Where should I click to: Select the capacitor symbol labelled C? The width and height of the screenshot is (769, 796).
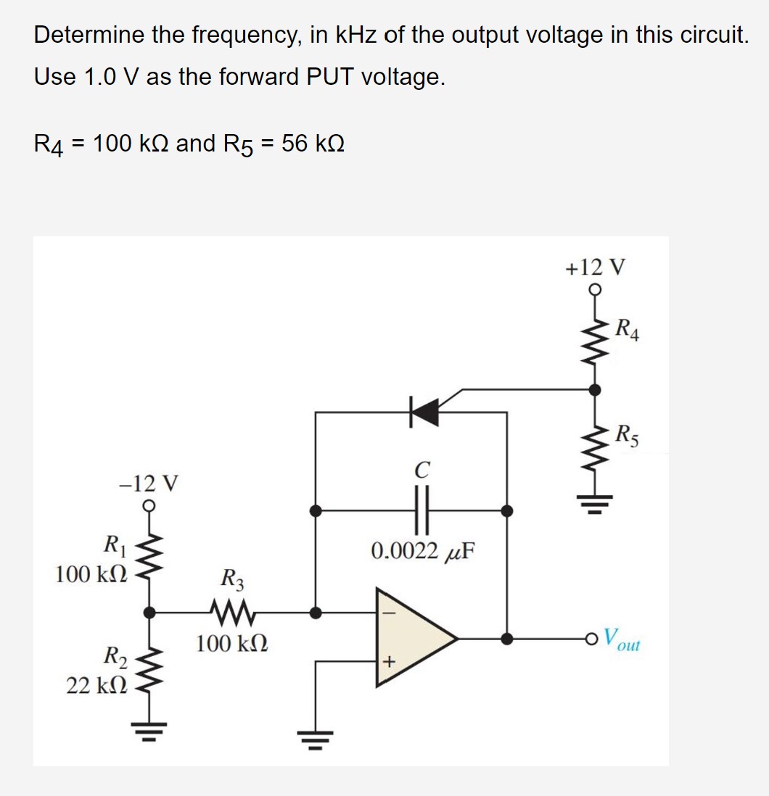pos(419,510)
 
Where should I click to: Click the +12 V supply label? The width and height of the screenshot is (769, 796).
pos(594,268)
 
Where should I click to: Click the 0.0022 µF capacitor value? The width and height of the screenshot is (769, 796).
pos(422,550)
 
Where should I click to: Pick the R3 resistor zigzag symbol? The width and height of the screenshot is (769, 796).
pos(233,612)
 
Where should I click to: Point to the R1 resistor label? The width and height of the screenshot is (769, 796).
pos(113,543)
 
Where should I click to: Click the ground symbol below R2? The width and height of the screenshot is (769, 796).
pos(150,727)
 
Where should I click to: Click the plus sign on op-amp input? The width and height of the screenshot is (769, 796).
pos(389,662)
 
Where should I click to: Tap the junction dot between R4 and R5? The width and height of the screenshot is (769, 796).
pos(594,390)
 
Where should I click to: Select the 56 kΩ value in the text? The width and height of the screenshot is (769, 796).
pos(313,144)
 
